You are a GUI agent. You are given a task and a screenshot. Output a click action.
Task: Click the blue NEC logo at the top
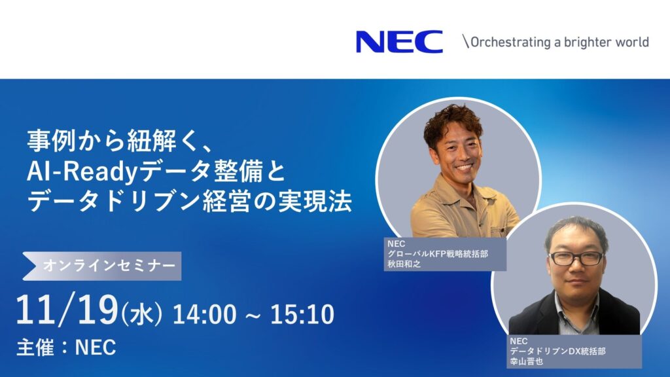coord(399,42)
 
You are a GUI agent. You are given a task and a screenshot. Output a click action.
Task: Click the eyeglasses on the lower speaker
coord(576,258)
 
